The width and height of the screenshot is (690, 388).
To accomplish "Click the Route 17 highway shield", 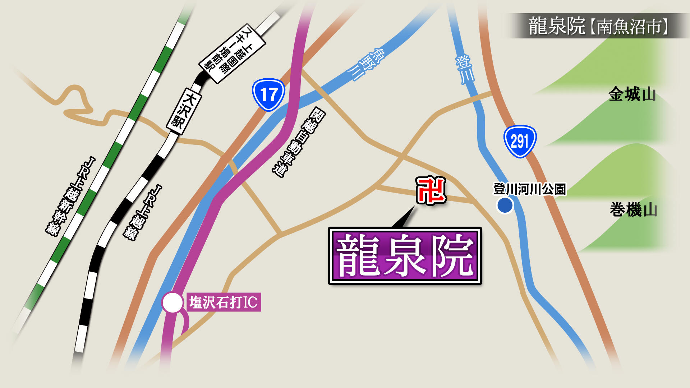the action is [268, 95].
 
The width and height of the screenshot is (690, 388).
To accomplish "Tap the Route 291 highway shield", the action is [520, 141].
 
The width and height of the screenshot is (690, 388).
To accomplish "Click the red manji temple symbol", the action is [431, 190].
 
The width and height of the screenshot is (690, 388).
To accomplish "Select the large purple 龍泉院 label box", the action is [405, 256].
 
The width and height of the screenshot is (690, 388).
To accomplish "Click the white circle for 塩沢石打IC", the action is [172, 302].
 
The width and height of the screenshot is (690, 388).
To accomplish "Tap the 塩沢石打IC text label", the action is [224, 302].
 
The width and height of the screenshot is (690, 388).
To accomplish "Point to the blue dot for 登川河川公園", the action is [505, 205].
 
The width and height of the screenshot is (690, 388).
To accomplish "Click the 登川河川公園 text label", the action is [529, 189].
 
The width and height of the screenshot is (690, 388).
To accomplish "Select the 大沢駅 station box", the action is [184, 111].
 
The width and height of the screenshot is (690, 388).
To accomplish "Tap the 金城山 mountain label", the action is [632, 94].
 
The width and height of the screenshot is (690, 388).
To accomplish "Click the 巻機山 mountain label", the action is [633, 209].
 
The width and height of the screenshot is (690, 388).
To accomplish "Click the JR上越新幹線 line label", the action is [70, 196].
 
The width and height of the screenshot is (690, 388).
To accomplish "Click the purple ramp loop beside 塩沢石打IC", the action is [184, 323].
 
